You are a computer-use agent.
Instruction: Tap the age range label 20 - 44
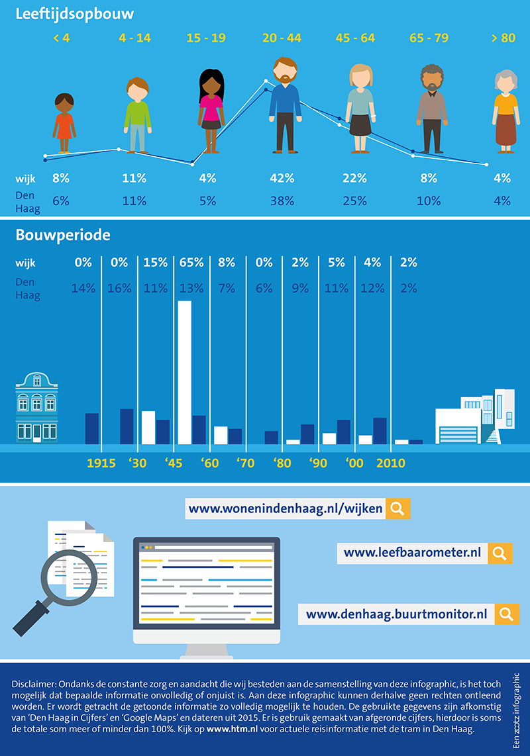point(282,38)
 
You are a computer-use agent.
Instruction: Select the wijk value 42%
point(282,178)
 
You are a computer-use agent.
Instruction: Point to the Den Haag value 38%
point(282,201)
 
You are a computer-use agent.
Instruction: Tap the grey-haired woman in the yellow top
point(505,109)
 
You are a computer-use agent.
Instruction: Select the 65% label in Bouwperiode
point(191,263)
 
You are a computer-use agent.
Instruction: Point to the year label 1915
point(101,463)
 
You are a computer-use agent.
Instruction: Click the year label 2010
point(390,463)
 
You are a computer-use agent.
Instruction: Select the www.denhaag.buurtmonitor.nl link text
point(396,614)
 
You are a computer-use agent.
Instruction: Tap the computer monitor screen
point(207,583)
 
